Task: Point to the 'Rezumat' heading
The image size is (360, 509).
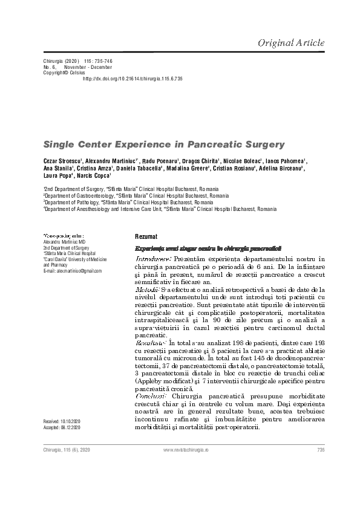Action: coord(146,236)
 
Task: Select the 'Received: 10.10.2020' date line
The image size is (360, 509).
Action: coord(62,421)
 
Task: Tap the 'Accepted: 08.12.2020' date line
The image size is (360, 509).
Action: coord(62,427)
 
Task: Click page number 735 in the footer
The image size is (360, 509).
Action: coord(321,450)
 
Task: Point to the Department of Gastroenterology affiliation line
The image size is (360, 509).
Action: coord(134,196)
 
